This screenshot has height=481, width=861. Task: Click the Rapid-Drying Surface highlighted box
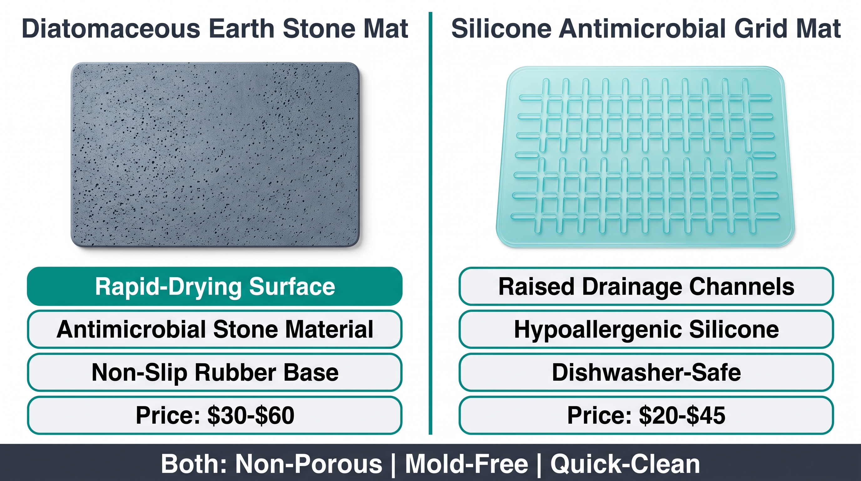coord(215,286)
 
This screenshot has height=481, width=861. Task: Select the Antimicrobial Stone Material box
coord(215,329)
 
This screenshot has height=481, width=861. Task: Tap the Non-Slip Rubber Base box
coord(215,372)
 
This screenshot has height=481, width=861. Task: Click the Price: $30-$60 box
coord(215,415)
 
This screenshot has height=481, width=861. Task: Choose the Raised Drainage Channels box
coord(646,286)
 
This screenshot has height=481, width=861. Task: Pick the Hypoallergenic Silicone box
coord(646,329)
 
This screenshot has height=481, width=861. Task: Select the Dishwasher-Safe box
coord(646,372)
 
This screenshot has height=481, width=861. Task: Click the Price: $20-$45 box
coord(646,415)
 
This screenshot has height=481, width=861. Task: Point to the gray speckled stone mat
coord(216,155)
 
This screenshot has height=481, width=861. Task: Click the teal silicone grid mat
coord(645,157)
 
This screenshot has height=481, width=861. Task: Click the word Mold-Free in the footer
coord(466,464)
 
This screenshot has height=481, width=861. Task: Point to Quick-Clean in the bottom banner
coord(625,464)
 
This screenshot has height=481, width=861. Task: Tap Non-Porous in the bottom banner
coord(309,464)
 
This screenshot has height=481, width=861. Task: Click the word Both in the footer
coord(194,464)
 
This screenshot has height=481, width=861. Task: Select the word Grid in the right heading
coord(759,29)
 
